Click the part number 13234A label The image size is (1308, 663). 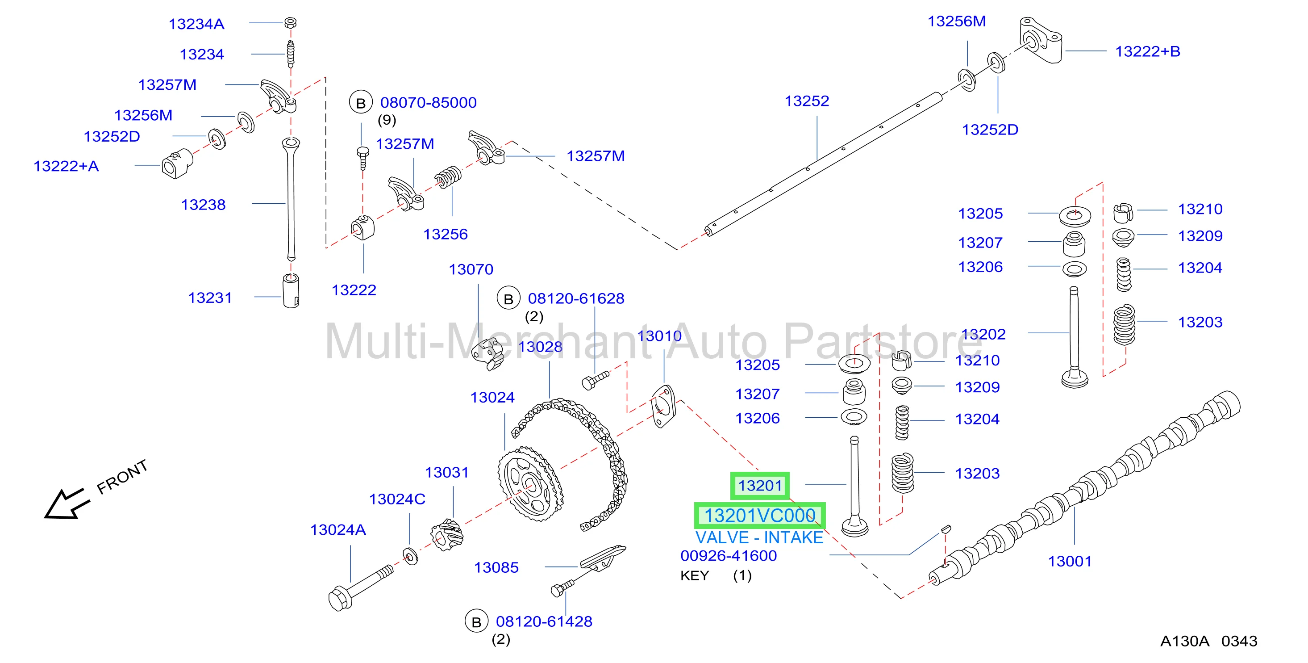click(x=196, y=24)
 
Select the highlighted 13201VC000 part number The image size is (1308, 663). click(x=760, y=516)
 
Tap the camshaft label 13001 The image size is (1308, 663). click(x=1070, y=562)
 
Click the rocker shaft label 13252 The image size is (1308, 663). click(x=807, y=101)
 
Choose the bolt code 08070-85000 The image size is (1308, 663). click(x=428, y=103)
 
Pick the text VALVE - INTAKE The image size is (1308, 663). click(x=759, y=537)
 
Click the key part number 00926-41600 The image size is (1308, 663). click(x=729, y=556)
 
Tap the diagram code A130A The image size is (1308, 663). click(x=1185, y=641)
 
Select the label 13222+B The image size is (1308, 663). click(x=1148, y=51)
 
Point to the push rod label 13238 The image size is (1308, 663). click(x=203, y=205)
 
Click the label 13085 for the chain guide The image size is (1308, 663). click(x=496, y=567)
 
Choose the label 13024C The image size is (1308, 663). click(x=397, y=499)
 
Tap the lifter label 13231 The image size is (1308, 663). click(x=210, y=298)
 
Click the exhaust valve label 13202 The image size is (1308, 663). click(x=983, y=334)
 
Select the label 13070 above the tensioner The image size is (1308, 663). click(x=471, y=269)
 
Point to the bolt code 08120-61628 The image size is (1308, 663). click(x=576, y=299)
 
